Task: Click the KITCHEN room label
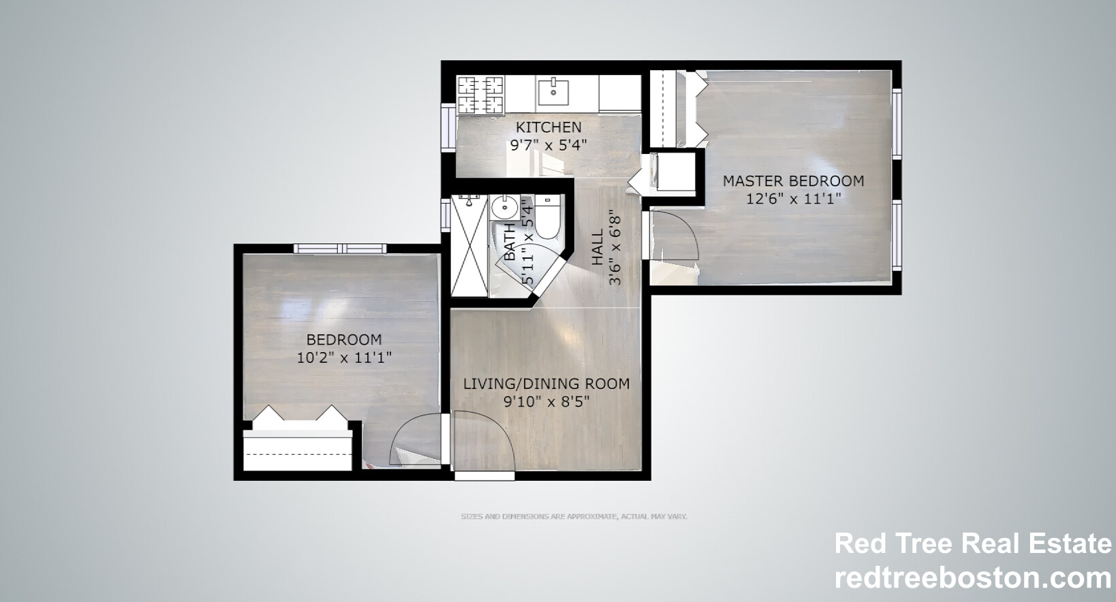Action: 548,127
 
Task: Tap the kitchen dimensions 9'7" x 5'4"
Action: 548,146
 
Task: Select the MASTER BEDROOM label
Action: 793,180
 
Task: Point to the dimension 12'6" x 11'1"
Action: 793,199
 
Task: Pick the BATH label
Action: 510,242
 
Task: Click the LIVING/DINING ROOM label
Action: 546,383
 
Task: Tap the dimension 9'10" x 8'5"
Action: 546,401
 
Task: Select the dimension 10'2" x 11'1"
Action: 344,358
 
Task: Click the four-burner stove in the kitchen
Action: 480,95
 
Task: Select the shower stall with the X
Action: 469,246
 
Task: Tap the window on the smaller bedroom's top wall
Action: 340,249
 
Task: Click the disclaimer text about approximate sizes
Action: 574,516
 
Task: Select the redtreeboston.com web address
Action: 972,577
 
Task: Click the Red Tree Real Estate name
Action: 972,543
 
